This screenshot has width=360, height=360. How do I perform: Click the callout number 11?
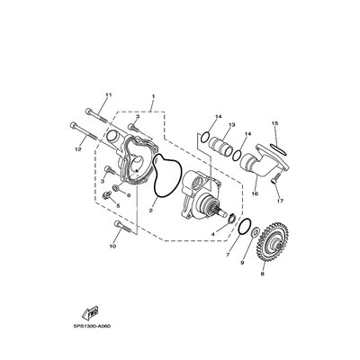coord(108,94)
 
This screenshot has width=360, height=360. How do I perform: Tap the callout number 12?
coord(78,149)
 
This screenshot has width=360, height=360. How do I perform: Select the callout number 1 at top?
coord(153,96)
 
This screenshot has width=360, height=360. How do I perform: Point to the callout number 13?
coord(232,124)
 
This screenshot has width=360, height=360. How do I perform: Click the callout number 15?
coord(275,123)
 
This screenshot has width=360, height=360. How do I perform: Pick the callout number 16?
coord(255,193)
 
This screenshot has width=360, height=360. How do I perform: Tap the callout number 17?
coord(280,201)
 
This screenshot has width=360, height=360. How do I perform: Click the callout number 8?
coord(263,274)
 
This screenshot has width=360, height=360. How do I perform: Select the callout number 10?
coord(112,247)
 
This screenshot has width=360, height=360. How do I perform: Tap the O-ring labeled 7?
coord(245,227)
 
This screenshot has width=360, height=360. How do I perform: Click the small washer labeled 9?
coord(256,232)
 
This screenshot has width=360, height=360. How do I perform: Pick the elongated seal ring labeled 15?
coord(279,149)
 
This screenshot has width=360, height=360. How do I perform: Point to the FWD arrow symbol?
coord(91,312)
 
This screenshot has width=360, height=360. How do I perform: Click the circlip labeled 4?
coord(231,217)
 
